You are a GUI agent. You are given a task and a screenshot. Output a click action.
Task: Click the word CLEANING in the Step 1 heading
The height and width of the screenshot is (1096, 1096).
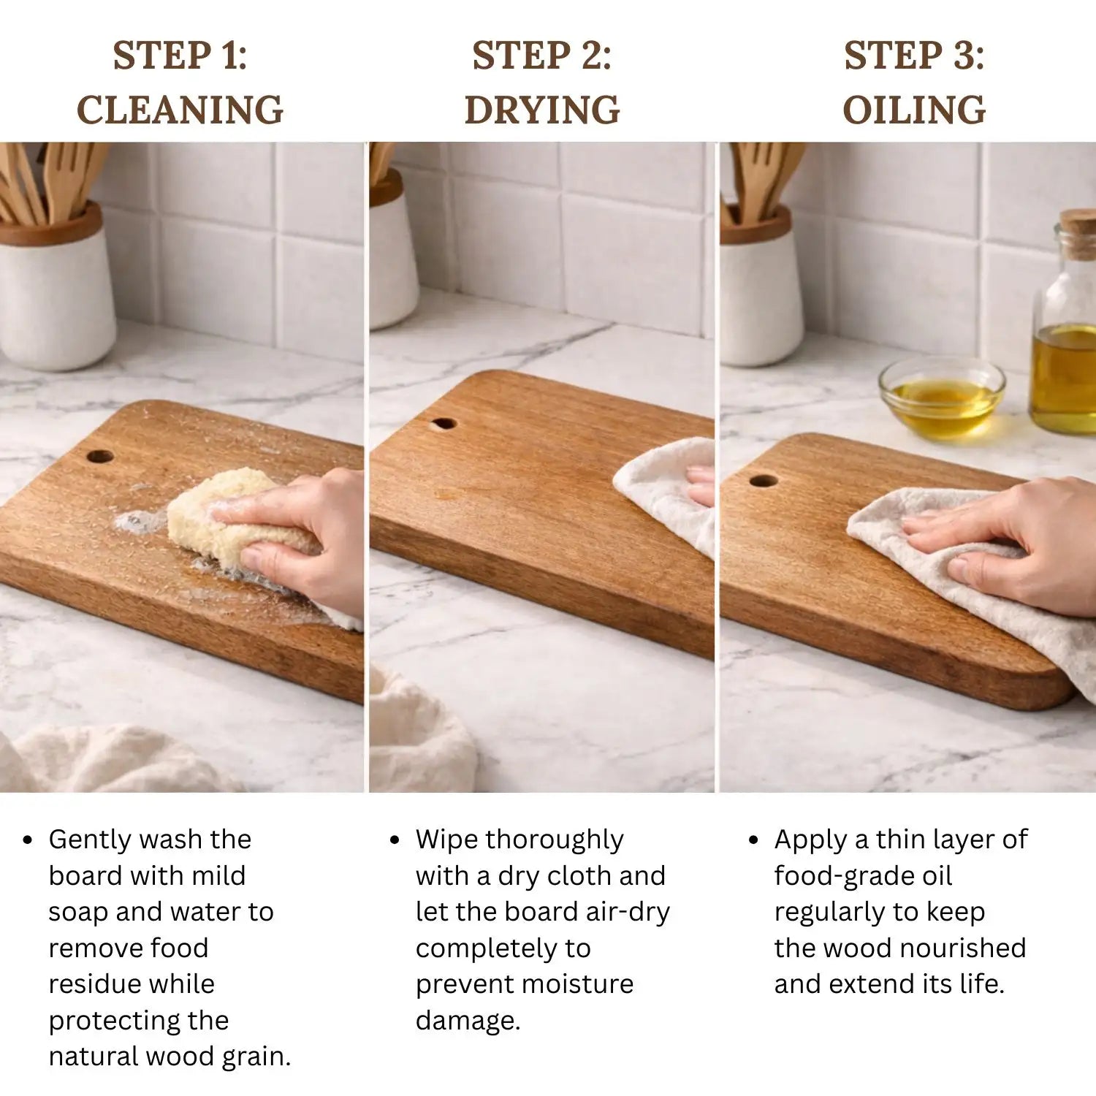[x=180, y=110]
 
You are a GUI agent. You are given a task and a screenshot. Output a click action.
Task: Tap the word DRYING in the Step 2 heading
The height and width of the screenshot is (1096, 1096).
[x=542, y=110]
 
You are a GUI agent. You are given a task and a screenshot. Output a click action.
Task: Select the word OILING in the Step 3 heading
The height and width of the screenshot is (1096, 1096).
[x=914, y=110]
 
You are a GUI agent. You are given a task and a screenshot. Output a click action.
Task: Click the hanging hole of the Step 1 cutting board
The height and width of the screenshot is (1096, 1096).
[x=100, y=457]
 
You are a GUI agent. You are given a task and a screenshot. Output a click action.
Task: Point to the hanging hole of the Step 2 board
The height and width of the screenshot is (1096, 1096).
[x=444, y=424]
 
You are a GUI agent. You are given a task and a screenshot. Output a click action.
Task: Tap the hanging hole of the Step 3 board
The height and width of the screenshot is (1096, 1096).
[x=764, y=481]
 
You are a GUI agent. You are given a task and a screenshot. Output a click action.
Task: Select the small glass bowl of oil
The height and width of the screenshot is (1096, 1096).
[x=942, y=398]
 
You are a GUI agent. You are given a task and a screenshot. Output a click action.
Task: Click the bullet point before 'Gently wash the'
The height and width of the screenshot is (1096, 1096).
[x=28, y=840]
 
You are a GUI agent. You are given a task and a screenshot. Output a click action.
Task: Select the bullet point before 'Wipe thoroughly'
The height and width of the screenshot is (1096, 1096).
[x=395, y=840]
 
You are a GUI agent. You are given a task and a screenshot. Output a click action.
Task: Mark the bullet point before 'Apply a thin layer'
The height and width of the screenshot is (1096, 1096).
[x=754, y=840]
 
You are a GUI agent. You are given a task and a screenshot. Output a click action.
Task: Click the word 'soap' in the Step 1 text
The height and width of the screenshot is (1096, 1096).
[x=79, y=913]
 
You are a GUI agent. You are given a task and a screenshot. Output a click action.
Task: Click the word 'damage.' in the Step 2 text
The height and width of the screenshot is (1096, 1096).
[x=468, y=1021]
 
